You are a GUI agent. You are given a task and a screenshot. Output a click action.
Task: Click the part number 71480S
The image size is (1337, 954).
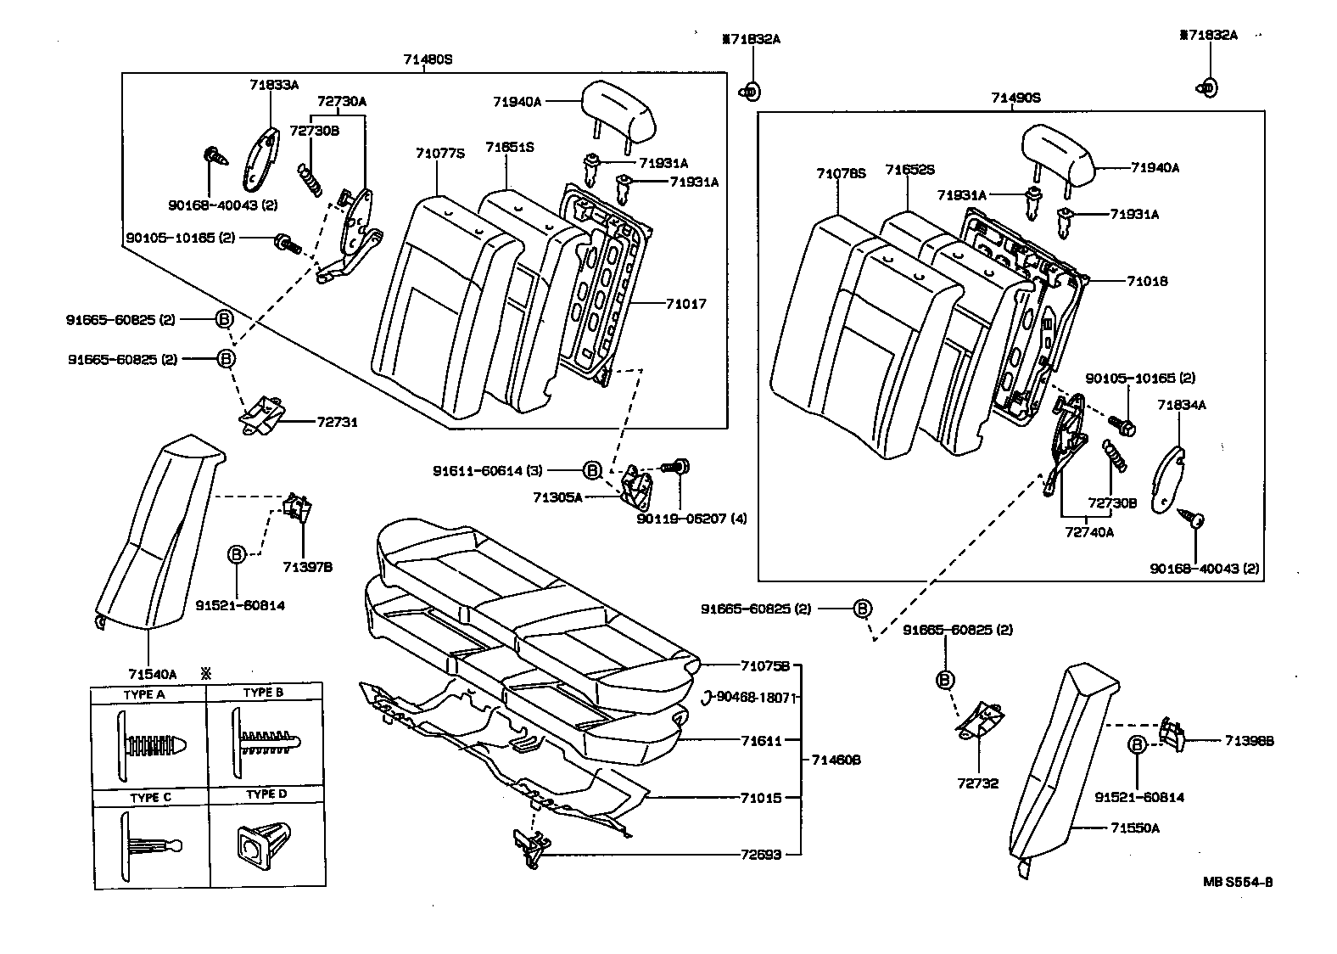coord(428,59)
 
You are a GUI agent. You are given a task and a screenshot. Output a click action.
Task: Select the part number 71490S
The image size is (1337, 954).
coord(1015,98)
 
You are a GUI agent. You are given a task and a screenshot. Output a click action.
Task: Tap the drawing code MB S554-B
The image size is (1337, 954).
coord(1238,881)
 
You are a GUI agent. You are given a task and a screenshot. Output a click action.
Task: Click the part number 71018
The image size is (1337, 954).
coord(1147,281)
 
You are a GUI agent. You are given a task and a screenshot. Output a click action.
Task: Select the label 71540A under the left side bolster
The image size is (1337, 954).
coord(153,675)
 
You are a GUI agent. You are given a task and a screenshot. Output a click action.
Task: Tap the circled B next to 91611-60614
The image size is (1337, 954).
coord(593,470)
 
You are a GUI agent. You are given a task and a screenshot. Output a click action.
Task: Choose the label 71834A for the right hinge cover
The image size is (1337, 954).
coord(1181,406)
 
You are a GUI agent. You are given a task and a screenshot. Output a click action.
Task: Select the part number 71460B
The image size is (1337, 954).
coord(836,760)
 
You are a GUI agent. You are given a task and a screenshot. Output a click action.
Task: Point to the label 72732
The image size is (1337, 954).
coord(977,783)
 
